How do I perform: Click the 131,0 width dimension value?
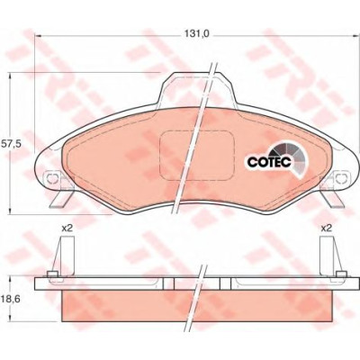[196, 34]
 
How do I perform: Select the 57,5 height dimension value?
[11, 143]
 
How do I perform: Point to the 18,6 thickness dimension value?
[11, 299]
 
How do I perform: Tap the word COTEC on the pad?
[269, 162]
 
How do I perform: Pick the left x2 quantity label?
[67, 229]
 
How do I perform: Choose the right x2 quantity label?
[327, 229]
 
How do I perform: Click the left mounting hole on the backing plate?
[53, 178]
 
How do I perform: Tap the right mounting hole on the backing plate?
[341, 178]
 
